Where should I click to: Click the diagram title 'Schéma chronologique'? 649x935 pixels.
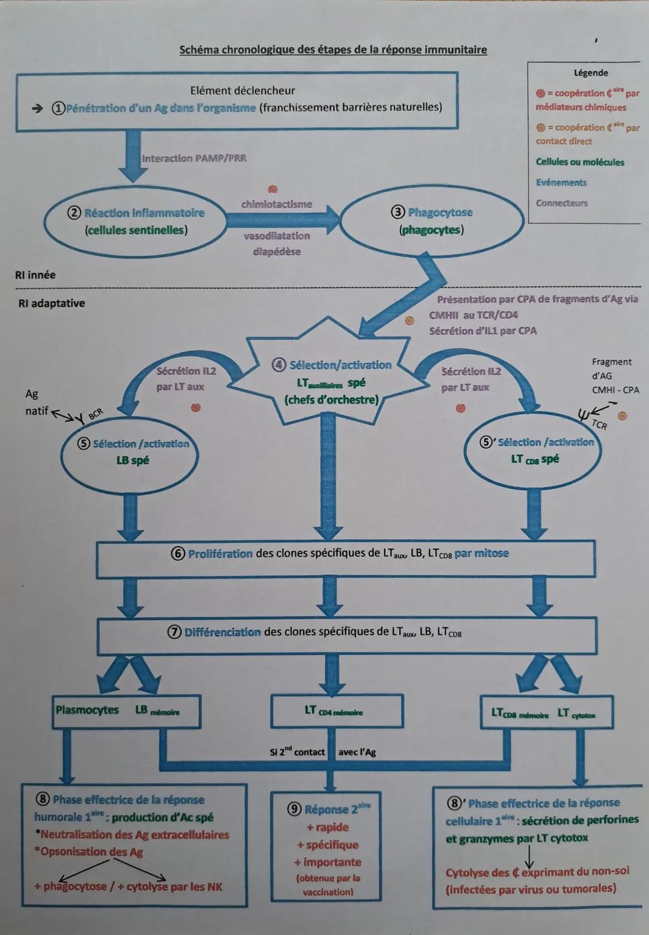point(333,49)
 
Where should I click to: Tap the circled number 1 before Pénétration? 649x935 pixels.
point(57,108)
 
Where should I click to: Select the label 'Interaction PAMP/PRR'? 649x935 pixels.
point(193,159)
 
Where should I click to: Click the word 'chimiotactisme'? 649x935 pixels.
point(276,204)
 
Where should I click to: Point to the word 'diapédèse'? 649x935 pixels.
point(276,252)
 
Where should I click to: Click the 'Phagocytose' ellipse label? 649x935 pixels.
point(440,213)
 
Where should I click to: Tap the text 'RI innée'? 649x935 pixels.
point(35,275)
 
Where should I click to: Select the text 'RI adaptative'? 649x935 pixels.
point(52,303)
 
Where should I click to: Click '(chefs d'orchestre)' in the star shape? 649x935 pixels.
point(332,400)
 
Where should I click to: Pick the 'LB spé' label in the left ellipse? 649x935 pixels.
point(132,461)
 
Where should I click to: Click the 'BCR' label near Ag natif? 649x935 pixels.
point(96,414)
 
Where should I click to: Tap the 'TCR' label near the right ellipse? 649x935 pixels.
point(599,425)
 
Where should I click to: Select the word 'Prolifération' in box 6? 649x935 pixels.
point(220,554)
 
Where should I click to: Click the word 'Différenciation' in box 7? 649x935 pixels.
point(222,632)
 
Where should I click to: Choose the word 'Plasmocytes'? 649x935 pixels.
point(88,710)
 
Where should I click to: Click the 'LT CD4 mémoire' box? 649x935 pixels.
point(333,711)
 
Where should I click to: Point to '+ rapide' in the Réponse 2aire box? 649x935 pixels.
point(328,827)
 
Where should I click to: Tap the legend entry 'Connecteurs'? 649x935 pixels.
point(562,203)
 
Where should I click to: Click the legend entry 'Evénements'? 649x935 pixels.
point(561,183)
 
